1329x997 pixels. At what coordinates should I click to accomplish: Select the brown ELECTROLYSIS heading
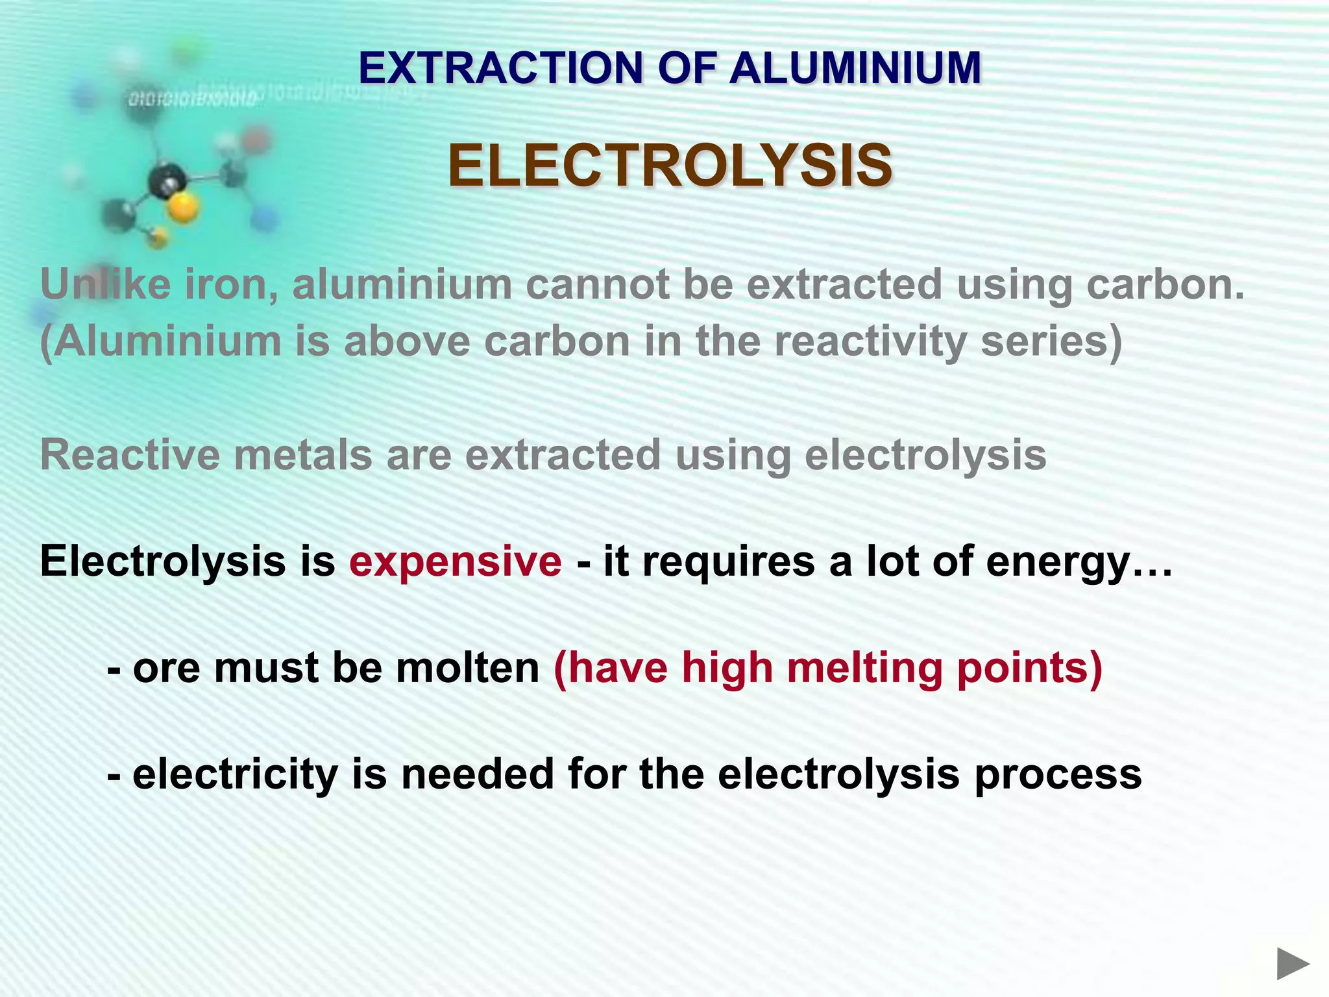[670, 166]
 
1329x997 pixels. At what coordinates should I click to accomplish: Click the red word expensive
[456, 561]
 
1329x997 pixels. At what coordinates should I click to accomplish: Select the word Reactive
[127, 455]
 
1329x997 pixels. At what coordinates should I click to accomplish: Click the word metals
[303, 455]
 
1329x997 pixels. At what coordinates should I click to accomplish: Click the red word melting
[864, 668]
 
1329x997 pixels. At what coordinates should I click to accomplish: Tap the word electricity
[236, 774]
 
